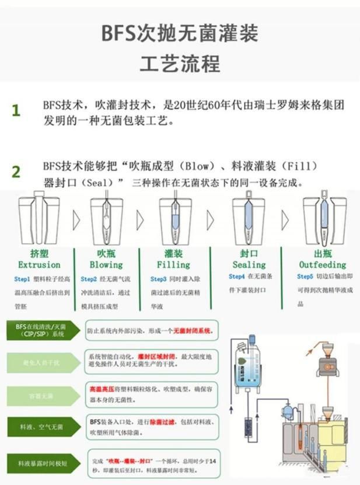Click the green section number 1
pyautogui.click(x=16, y=110)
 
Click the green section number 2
pyautogui.click(x=16, y=172)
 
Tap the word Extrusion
pyautogui.click(x=39, y=264)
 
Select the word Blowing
pyautogui.click(x=106, y=264)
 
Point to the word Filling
pyautogui.click(x=173, y=264)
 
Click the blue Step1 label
pyautogui.click(x=22, y=280)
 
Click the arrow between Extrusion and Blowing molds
pyautogui.click(x=74, y=220)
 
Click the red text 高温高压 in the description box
pyautogui.click(x=100, y=388)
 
